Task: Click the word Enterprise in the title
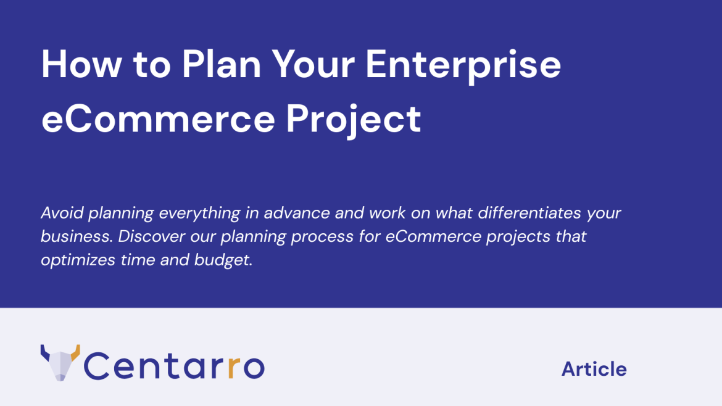pos(463,65)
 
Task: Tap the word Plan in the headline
pos(222,64)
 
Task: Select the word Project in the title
pos(354,119)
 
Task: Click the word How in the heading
pos(81,64)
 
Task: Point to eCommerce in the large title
pos(159,119)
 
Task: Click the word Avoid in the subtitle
pos(62,213)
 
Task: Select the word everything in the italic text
pos(199,213)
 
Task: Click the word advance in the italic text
pos(297,213)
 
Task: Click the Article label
pos(594,369)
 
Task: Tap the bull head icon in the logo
pos(60,363)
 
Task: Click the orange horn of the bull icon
pos(75,352)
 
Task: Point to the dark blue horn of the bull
pos(45,353)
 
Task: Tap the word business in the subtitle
pos(77,236)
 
